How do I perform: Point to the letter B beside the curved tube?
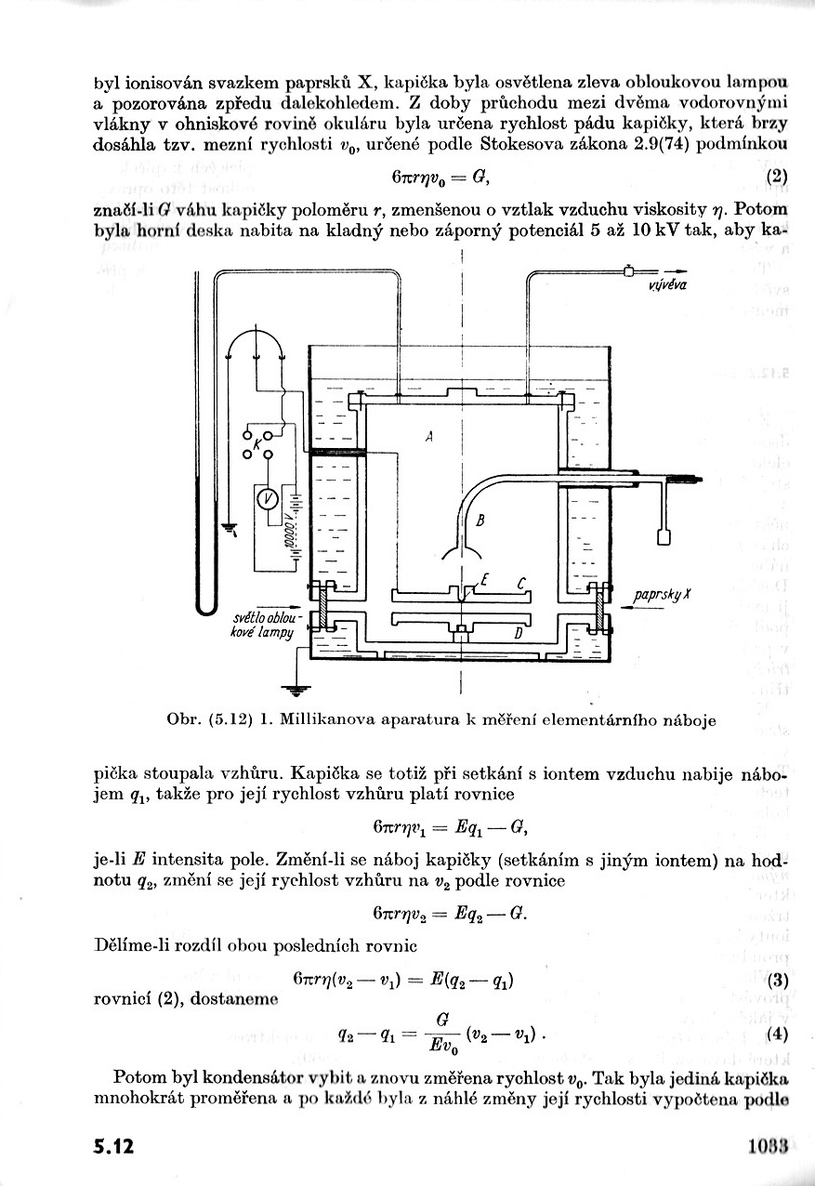click(480, 521)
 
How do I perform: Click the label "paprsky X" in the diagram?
click(662, 595)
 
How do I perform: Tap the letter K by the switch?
click(257, 445)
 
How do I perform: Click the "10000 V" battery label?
click(289, 531)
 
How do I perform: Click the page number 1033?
click(768, 1145)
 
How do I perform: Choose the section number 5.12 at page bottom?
click(114, 1146)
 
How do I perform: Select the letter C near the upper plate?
click(522, 583)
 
